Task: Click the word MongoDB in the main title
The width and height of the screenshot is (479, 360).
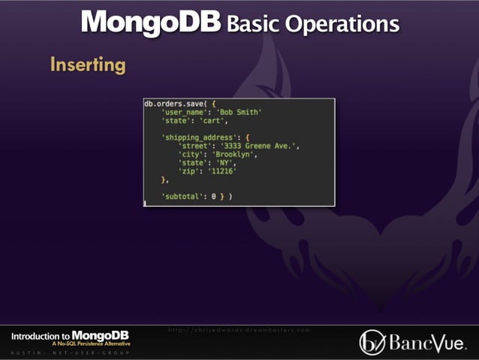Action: coord(151,22)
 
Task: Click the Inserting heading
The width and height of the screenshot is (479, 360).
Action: coord(88,65)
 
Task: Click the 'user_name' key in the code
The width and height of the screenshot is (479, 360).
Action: coord(186,111)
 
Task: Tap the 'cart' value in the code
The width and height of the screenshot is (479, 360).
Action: coord(213,119)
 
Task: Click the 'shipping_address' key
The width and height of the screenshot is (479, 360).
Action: coord(201,137)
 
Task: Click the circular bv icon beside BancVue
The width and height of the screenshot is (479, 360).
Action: coord(372,342)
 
